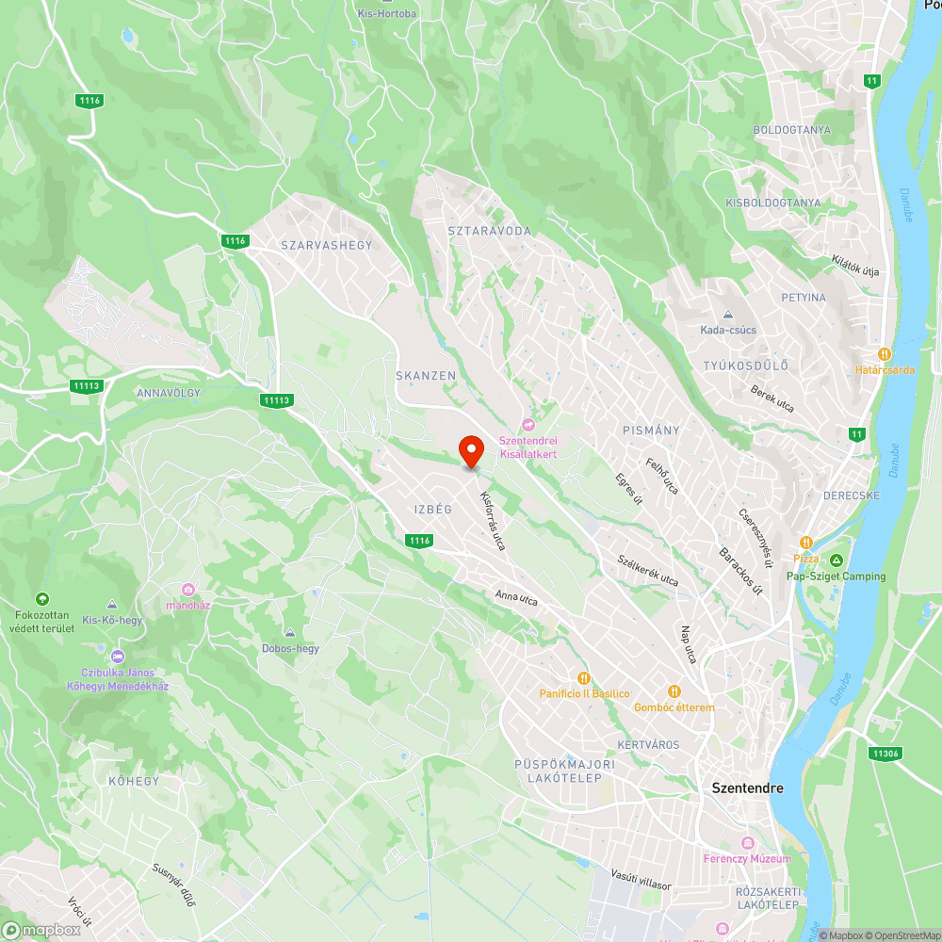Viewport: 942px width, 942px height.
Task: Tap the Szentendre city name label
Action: tap(747, 788)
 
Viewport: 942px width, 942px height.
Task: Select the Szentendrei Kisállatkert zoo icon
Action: tap(528, 426)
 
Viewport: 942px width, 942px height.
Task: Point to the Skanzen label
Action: tap(426, 376)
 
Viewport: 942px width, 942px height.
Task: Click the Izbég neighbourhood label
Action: tap(433, 510)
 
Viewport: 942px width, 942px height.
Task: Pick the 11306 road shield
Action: tap(885, 754)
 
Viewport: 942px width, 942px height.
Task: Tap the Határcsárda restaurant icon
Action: tap(884, 354)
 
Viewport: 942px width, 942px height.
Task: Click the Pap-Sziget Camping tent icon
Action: tap(836, 560)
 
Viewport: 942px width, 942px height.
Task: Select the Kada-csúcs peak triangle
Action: tap(727, 315)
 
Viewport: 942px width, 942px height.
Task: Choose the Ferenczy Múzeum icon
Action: tap(748, 842)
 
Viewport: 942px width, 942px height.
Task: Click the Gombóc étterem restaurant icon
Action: tap(674, 691)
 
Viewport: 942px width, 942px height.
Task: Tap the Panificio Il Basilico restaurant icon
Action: tap(583, 677)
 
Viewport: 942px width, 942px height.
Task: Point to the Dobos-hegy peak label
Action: tap(290, 648)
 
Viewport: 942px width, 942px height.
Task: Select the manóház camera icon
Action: tap(187, 589)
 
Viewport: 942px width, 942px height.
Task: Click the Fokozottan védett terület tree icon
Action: tap(41, 599)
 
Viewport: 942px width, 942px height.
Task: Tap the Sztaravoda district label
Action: tap(489, 231)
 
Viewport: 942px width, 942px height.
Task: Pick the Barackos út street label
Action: tap(740, 570)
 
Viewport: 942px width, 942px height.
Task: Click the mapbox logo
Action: tap(41, 930)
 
